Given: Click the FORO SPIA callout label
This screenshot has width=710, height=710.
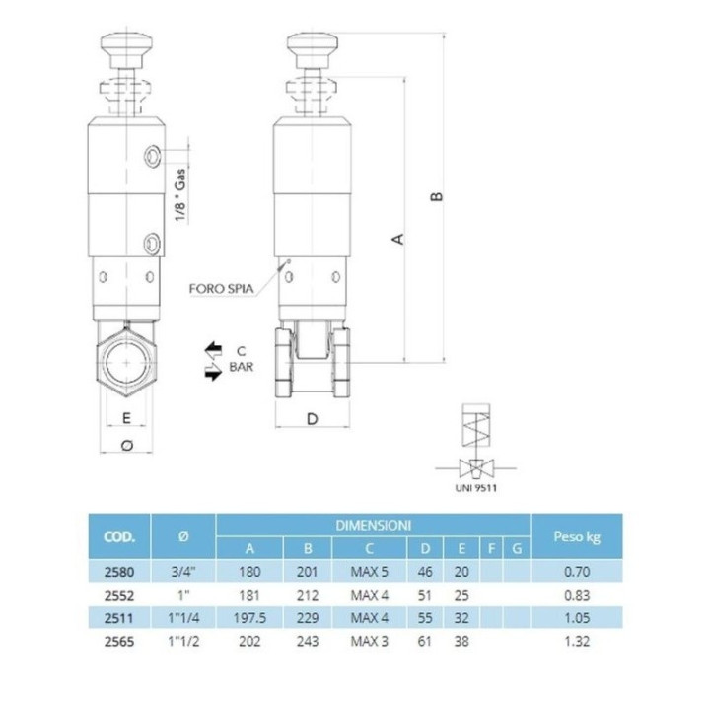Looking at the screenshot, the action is coord(221,288).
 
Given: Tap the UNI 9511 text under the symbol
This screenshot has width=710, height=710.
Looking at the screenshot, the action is coord(476,488).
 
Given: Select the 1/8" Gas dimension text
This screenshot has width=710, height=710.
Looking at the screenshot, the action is coord(180,194).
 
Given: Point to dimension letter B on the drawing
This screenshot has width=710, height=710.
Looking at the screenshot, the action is coord(437,196).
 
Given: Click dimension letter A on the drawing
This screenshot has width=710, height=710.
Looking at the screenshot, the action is coord(397,239).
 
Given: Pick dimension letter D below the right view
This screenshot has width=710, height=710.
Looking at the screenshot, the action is coord(313,419).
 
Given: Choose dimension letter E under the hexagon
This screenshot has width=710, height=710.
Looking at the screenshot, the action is coord(126,418).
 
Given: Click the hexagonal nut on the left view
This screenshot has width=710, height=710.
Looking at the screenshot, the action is coord(126,363).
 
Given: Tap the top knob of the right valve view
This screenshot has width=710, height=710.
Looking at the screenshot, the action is coord(313,46).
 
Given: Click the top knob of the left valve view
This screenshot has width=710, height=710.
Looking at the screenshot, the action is coord(126,46).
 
